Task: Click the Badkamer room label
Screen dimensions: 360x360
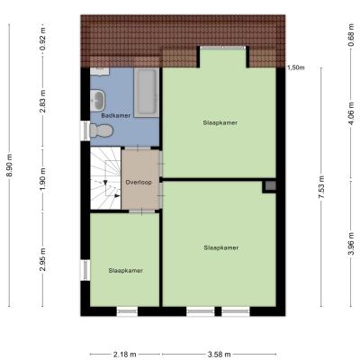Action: point(116,115)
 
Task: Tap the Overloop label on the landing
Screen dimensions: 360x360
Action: point(139,182)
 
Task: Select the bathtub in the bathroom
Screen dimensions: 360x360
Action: point(146,93)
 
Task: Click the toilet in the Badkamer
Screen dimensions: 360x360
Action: point(101,130)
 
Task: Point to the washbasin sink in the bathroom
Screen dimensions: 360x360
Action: point(98,99)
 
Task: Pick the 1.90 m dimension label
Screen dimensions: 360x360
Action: point(43,179)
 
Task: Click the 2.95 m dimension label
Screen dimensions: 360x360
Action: point(43,259)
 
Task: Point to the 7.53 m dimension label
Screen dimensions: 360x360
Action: point(322,187)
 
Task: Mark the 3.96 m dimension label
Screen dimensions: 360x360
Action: point(351,244)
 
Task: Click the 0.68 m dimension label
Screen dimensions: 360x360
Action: point(351,36)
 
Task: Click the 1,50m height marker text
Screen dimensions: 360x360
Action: point(296,67)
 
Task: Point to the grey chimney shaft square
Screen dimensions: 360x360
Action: point(270,186)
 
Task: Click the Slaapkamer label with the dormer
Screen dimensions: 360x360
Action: point(220,122)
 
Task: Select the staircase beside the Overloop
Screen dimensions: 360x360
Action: point(105,178)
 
